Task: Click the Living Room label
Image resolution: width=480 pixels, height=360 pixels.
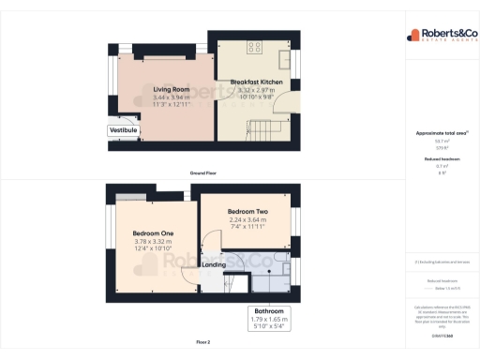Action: (172, 89)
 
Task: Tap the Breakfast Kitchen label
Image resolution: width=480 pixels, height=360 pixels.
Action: (258, 82)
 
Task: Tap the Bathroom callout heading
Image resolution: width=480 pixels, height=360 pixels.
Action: (269, 310)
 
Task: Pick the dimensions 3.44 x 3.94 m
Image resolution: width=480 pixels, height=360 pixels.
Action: (172, 97)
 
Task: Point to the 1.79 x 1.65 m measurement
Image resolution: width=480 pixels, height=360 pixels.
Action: (269, 319)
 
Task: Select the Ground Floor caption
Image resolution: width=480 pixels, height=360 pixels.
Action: (203, 173)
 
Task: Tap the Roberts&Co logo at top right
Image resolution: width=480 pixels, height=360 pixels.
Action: (440, 36)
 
